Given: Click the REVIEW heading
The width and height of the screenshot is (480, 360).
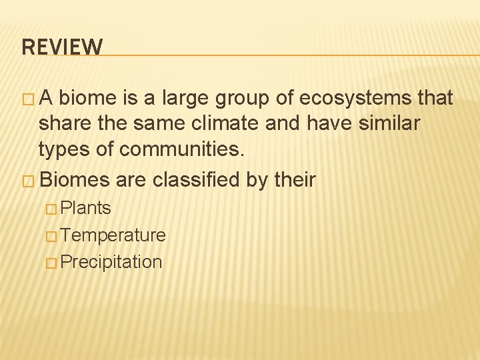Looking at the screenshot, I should click(62, 47).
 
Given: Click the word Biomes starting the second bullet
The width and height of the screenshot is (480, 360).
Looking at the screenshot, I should click(75, 179).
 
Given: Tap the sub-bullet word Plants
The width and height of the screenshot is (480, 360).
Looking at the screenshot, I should click(85, 208).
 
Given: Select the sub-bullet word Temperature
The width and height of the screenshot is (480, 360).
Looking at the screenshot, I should click(113, 235).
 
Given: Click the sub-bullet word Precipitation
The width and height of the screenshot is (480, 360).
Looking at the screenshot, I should click(111, 262).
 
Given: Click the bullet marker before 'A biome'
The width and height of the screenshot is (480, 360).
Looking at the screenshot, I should click(27, 99).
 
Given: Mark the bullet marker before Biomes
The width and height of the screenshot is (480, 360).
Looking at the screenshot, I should click(27, 180).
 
